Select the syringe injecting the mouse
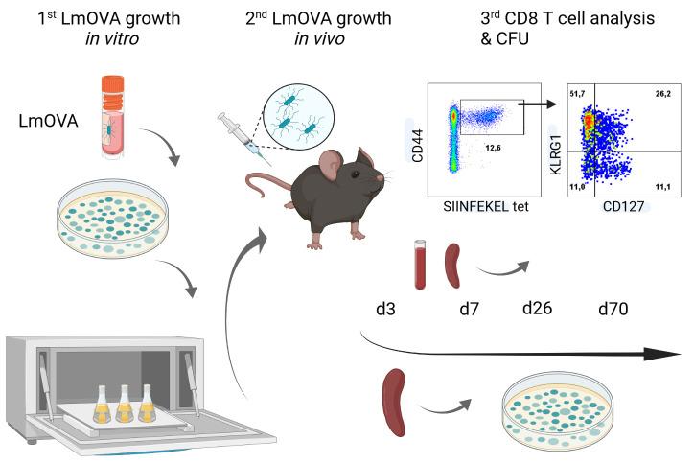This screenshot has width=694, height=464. tap(240, 136)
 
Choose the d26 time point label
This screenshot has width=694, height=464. tap(541, 310)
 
